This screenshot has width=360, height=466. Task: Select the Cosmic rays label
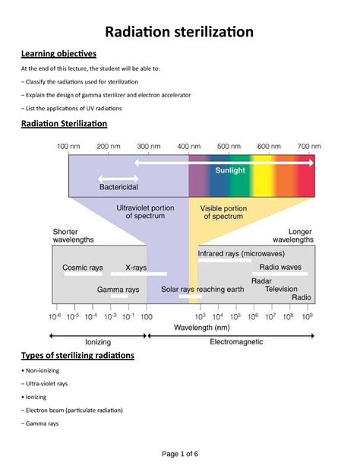click(84, 268)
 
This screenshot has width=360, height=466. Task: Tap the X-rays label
click(136, 268)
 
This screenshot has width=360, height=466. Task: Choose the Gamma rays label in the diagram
click(118, 290)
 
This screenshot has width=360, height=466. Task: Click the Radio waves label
click(280, 268)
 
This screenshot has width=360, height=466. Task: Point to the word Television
click(281, 289)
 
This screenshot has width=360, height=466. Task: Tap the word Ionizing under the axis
click(97, 342)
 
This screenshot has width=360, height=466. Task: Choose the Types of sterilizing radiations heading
click(77, 355)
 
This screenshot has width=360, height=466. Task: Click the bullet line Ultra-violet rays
click(46, 384)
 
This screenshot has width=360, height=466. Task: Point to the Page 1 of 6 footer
click(180, 453)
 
